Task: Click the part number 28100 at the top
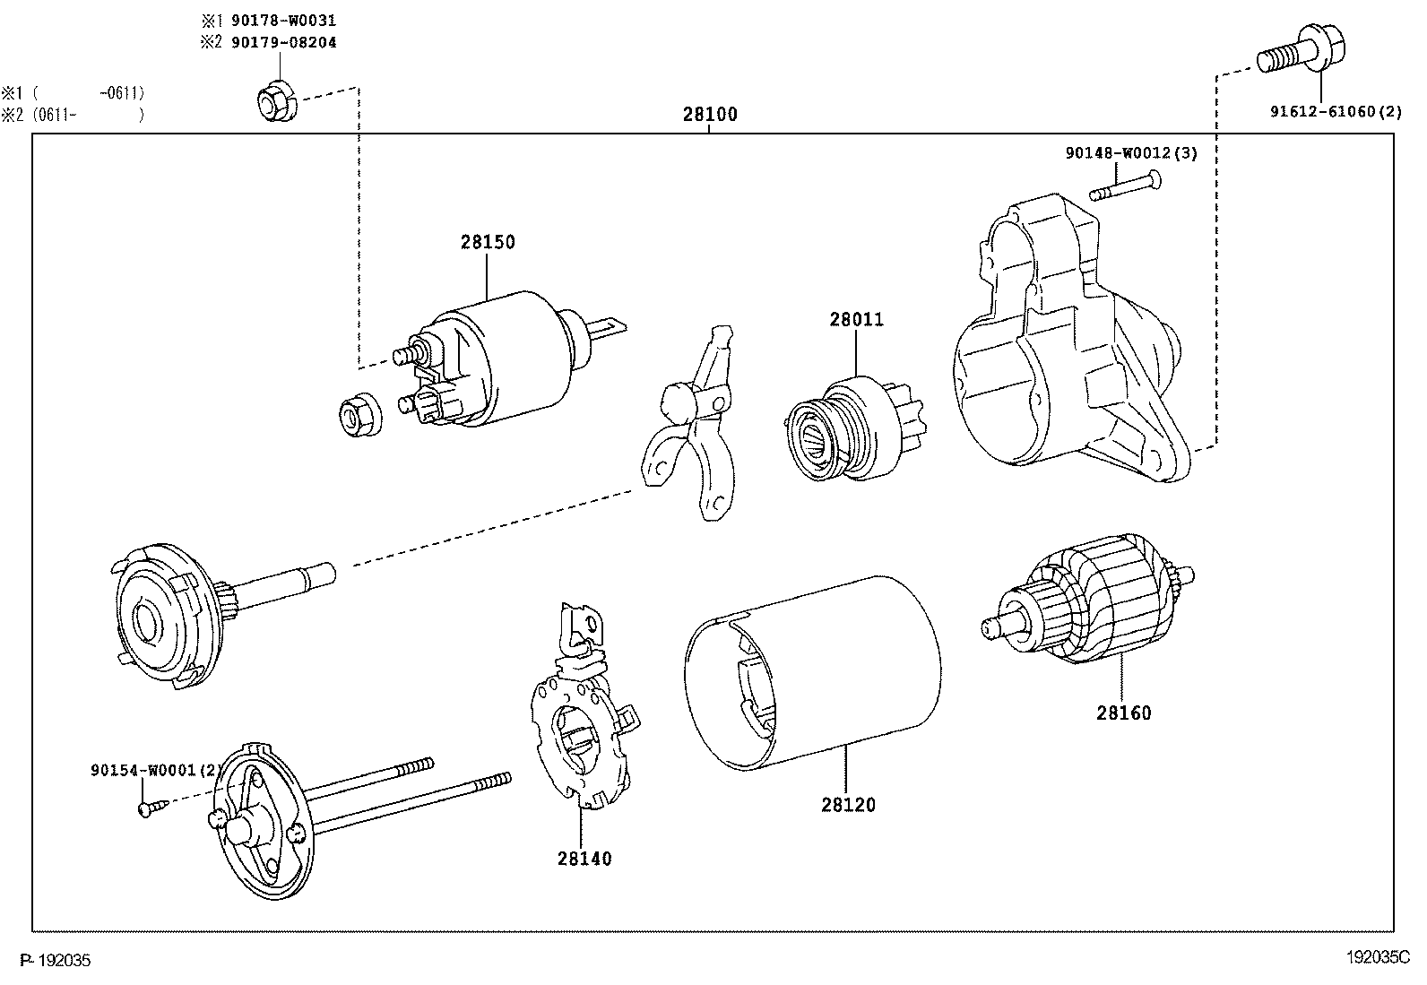[x=710, y=115]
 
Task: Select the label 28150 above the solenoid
[x=489, y=242]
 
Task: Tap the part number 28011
[x=856, y=319]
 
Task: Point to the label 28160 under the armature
[x=1123, y=713]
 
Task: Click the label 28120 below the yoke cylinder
[x=848, y=805]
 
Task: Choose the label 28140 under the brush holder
[x=584, y=859]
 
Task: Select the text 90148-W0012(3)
[x=1131, y=153]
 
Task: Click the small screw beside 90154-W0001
[x=149, y=808]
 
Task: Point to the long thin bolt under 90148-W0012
[x=1126, y=187]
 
